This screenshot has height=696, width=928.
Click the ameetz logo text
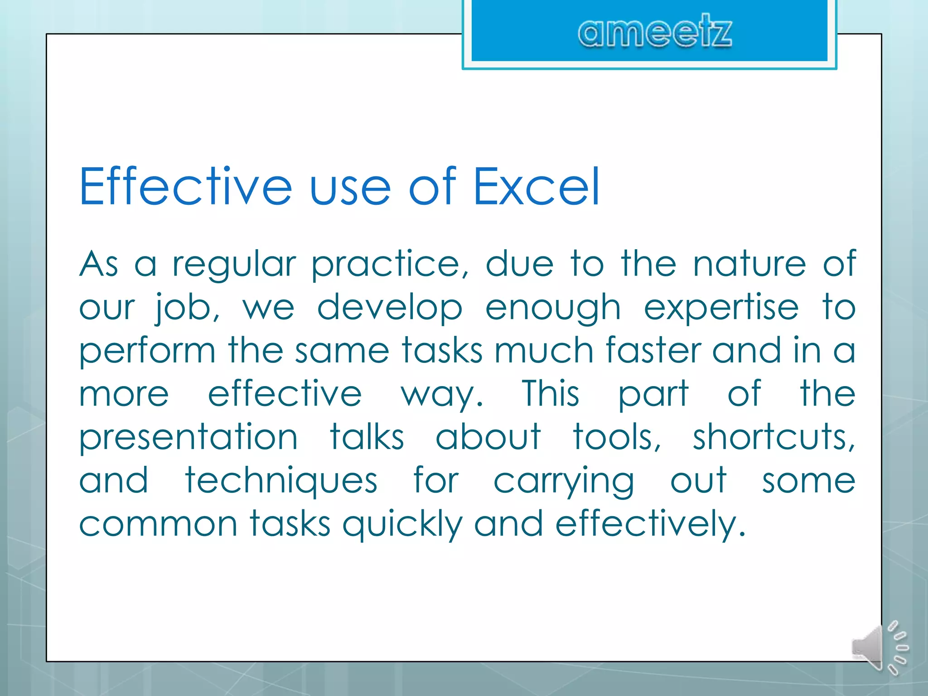(654, 32)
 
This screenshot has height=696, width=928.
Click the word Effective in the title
(185, 186)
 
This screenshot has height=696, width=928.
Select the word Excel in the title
(536, 186)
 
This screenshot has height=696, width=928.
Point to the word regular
(234, 265)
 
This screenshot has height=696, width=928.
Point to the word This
(550, 393)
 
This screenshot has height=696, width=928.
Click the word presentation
(188, 438)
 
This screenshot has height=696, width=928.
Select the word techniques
(281, 480)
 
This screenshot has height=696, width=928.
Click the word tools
(617, 437)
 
